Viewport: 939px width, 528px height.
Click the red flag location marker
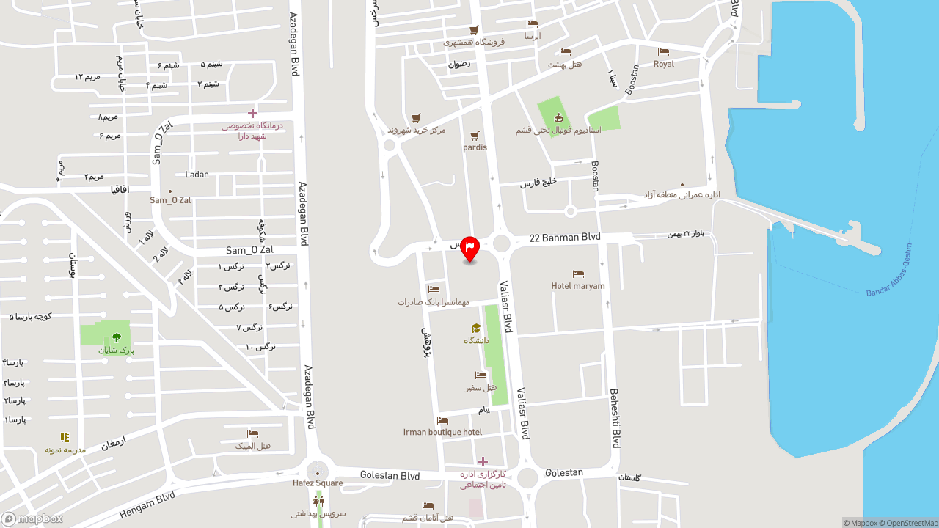tap(469, 248)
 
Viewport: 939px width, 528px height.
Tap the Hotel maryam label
tap(578, 286)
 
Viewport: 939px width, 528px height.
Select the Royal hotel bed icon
tap(663, 51)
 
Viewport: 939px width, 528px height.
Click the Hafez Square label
tap(318, 483)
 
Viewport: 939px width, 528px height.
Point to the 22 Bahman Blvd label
tap(565, 238)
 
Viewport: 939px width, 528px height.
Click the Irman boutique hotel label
tap(442, 432)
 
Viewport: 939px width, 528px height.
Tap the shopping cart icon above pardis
tap(475, 136)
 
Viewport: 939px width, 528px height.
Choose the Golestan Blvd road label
tap(390, 476)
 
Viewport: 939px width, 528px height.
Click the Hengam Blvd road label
tap(147, 506)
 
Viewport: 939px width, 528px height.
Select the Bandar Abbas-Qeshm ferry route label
tap(889, 271)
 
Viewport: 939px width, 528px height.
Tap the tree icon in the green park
tap(117, 337)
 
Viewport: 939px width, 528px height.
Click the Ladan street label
tap(197, 175)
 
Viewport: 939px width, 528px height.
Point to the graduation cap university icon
tap(475, 329)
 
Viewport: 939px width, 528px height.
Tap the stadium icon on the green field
tap(558, 118)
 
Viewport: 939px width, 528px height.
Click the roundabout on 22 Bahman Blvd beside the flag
tap(502, 243)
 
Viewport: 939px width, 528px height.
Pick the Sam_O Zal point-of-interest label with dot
tap(170, 199)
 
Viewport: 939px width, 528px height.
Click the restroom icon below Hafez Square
tap(318, 501)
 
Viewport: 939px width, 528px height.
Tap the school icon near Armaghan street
tap(65, 437)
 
